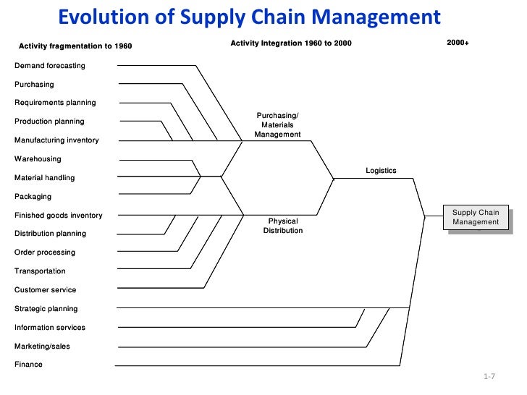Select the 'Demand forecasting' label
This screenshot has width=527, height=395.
point(50,66)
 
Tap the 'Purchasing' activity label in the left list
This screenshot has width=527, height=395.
point(34,85)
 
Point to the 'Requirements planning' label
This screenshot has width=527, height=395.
point(55,103)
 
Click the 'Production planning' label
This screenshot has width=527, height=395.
point(49,122)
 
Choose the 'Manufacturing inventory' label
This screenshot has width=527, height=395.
point(56,140)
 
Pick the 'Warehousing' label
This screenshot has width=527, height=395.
point(38,159)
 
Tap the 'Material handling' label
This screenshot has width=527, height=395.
point(44,178)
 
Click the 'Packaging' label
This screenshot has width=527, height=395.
point(33,197)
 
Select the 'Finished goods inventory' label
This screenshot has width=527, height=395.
point(58,216)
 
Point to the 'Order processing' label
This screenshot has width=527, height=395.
point(45,252)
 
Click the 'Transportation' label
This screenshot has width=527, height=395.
point(40,271)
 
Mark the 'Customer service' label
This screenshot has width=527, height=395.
point(45,290)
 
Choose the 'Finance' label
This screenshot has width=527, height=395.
point(28,365)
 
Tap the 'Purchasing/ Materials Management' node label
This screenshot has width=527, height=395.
point(277,125)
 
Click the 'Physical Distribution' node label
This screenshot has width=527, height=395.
point(282,226)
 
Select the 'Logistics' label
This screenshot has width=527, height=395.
point(381,171)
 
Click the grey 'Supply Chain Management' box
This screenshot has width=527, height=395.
point(476,217)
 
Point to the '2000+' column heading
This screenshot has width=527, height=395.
point(458,43)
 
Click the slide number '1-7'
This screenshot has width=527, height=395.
point(488,378)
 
